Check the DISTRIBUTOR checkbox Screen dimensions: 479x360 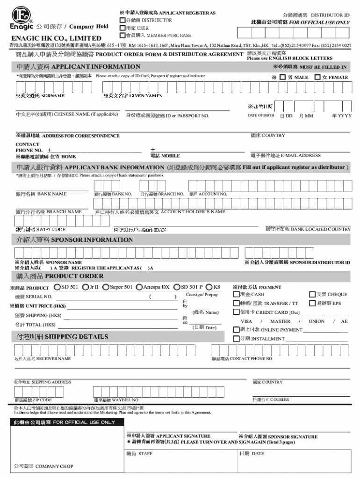point(122,21)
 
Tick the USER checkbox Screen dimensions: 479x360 point(122,28)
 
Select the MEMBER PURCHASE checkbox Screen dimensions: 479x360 point(122,36)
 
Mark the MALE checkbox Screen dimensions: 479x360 point(282,77)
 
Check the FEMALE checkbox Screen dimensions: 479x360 point(317,77)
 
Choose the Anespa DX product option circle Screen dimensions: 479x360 point(139,287)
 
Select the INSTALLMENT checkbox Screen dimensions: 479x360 point(236,338)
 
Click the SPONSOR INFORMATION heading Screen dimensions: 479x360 point(68,240)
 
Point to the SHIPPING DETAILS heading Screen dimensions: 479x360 point(63,337)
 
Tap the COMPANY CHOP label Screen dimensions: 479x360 point(43,466)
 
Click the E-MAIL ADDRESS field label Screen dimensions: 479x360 point(285,155)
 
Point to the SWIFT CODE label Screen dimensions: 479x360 point(41,230)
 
